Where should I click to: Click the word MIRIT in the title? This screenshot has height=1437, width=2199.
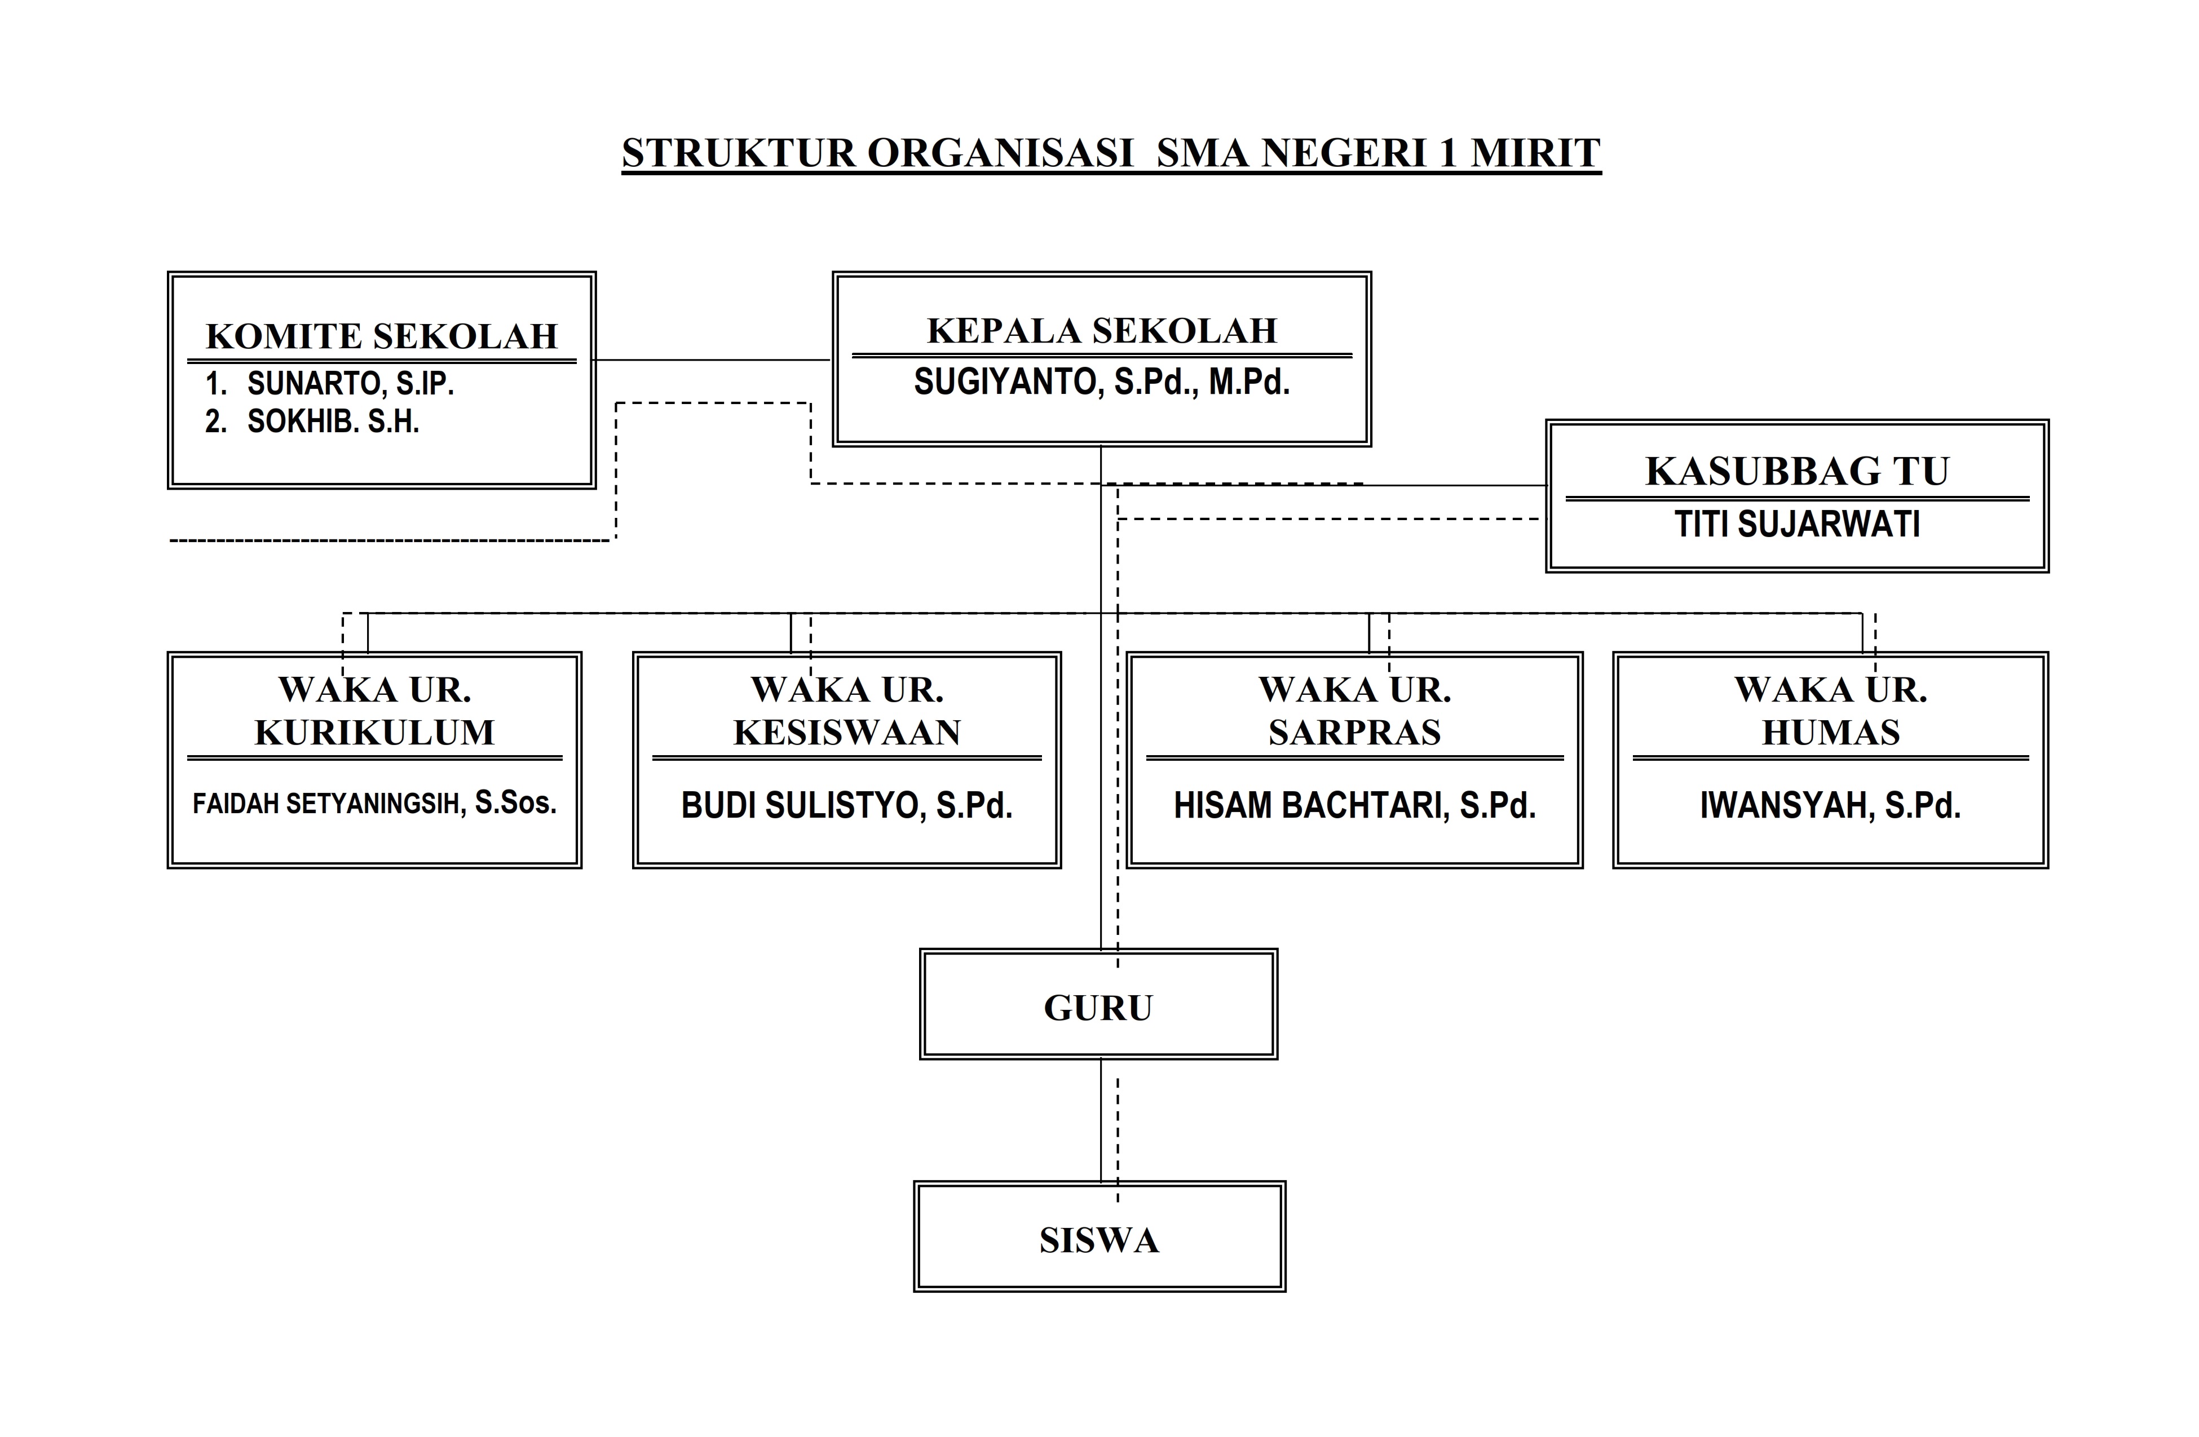[x=1535, y=153]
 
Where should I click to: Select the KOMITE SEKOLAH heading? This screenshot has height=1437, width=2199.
[x=382, y=336]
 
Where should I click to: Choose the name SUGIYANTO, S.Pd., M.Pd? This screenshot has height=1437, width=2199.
[x=1101, y=382]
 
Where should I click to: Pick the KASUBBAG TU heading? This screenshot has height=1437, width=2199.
[x=1797, y=471]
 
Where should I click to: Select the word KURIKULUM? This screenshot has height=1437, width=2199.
[x=374, y=733]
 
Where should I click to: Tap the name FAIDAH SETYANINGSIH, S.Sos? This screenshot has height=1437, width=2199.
[x=374, y=804]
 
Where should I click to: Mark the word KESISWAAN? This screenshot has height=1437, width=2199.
[x=847, y=733]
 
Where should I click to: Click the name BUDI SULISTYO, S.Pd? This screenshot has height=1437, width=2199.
[x=847, y=805]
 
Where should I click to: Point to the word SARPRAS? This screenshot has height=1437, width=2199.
[x=1354, y=733]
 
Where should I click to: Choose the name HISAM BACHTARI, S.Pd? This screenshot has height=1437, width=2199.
[x=1354, y=805]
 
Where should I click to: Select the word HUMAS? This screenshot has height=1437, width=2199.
[x=1830, y=733]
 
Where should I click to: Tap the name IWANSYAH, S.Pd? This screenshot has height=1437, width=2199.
[x=1830, y=805]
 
